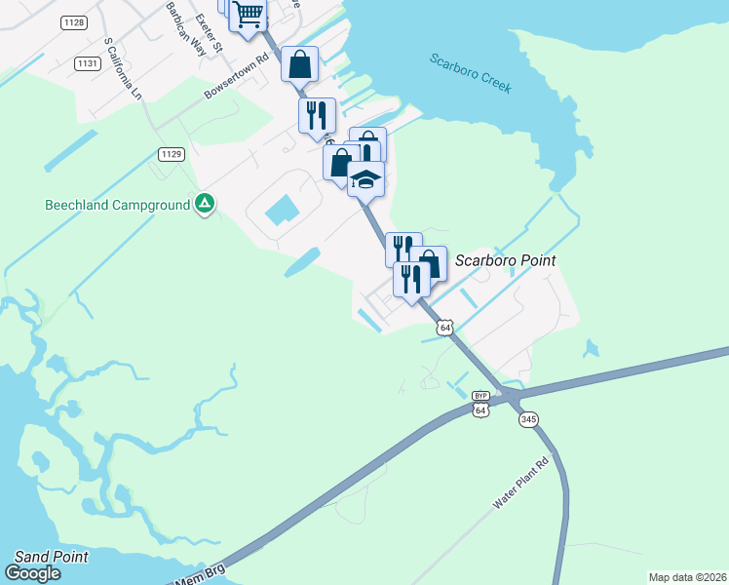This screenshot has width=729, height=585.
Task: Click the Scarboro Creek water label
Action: (x=471, y=73)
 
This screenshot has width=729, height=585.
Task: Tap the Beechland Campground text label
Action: (x=116, y=206)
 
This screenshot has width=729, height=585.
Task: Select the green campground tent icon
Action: (x=205, y=205)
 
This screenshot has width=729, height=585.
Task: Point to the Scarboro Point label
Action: (x=506, y=260)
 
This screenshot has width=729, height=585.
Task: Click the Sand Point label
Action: (x=51, y=557)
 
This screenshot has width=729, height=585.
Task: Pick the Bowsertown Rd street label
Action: (x=235, y=81)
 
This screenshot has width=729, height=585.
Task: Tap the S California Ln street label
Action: (x=123, y=69)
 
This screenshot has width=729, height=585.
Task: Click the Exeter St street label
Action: (x=210, y=32)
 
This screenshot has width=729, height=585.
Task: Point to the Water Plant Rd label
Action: (x=521, y=484)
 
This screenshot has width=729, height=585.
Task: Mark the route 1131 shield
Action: (x=87, y=62)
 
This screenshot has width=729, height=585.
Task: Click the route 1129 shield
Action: (x=172, y=154)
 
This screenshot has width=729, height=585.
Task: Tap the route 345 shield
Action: (x=528, y=419)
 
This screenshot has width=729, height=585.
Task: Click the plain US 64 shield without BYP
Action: (x=444, y=328)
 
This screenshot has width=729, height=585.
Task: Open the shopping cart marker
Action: (x=248, y=15)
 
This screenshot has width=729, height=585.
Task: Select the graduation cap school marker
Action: (x=365, y=179)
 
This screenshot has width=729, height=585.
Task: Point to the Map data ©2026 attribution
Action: (x=687, y=577)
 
